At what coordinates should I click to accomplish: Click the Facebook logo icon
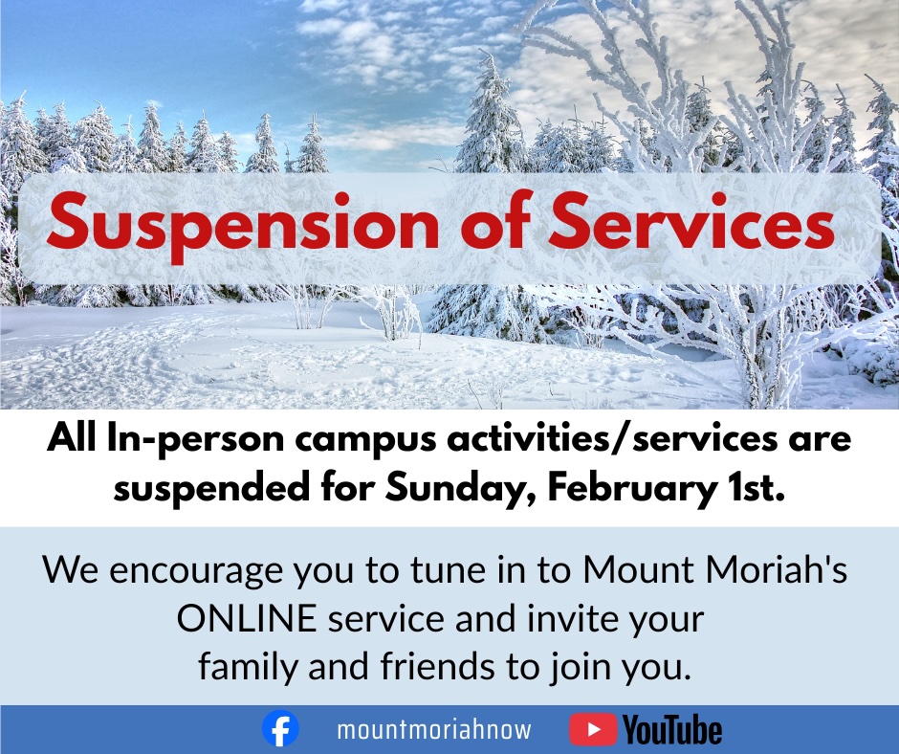pyautogui.click(x=280, y=729)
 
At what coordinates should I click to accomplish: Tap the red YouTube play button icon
pyautogui.click(x=593, y=729)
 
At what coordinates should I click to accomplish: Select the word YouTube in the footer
pyautogui.click(x=672, y=730)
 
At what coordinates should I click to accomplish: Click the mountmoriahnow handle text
pyautogui.click(x=434, y=730)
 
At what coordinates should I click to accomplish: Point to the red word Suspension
pyautogui.click(x=244, y=224)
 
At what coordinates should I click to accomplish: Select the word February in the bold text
pyautogui.click(x=628, y=489)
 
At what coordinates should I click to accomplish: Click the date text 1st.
pyautogui.click(x=752, y=488)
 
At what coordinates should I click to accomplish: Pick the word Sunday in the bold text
pyautogui.click(x=462, y=489)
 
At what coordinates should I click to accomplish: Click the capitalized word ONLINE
pyautogui.click(x=247, y=619)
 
